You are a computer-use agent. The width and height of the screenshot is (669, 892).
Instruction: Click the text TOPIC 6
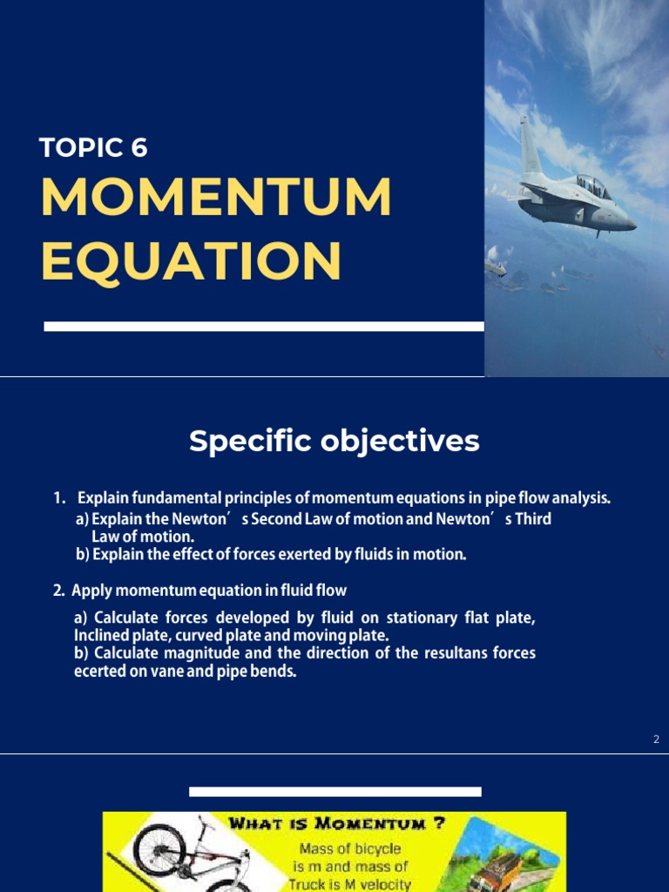point(93,148)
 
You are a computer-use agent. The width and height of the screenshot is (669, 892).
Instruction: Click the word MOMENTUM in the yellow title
point(216,199)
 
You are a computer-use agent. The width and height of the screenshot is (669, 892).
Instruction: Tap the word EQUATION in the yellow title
point(191,260)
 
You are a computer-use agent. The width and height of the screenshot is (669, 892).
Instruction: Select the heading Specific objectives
point(334,442)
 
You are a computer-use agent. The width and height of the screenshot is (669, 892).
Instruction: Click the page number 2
point(656,740)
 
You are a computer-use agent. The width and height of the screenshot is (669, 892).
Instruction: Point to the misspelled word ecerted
point(100,671)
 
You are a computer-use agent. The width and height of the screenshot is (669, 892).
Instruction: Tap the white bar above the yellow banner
point(334,792)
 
